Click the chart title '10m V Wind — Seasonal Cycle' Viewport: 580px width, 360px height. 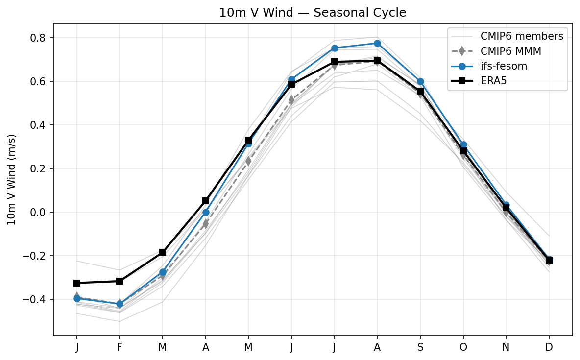click(x=313, y=13)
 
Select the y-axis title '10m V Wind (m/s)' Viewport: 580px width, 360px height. click(x=11, y=179)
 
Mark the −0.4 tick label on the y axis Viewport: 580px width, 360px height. click(x=37, y=299)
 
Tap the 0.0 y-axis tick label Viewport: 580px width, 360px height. click(x=40, y=212)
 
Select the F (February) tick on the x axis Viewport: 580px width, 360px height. click(x=120, y=347)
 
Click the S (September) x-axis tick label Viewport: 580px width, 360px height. click(x=420, y=347)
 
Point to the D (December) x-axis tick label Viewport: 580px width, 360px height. click(x=549, y=347)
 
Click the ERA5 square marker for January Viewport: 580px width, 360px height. click(x=77, y=283)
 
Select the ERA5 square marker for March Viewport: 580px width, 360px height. click(x=163, y=252)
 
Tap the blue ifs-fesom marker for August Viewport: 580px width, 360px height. click(x=377, y=43)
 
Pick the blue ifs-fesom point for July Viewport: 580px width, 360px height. click(x=335, y=48)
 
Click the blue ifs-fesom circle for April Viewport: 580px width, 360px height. click(x=206, y=212)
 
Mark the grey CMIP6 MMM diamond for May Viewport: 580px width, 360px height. click(x=248, y=161)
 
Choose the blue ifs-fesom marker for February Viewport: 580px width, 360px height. click(x=120, y=304)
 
